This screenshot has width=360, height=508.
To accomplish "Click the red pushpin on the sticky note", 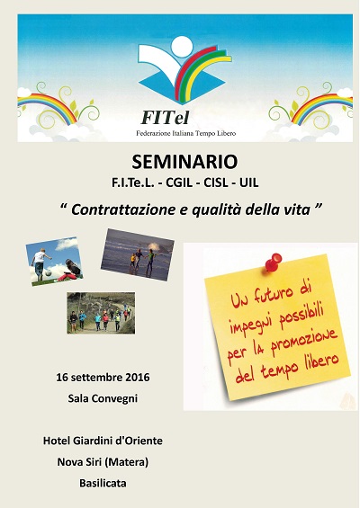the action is (x=273, y=262).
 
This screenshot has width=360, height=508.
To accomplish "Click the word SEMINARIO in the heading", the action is (x=184, y=162).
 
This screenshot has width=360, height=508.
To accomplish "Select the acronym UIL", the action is (x=248, y=183).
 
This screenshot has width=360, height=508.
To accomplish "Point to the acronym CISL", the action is (x=216, y=183).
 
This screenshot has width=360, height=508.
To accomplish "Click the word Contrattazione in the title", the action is (x=123, y=209).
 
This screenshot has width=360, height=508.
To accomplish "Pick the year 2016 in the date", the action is (x=138, y=378).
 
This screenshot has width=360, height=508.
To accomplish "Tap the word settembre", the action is (x=96, y=378).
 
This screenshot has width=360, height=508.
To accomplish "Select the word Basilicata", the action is (x=103, y=484).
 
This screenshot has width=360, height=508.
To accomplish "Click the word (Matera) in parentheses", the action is (x=126, y=462).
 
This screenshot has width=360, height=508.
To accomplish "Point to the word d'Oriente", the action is (x=139, y=441).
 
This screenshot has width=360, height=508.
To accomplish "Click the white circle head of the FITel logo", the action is (x=182, y=46).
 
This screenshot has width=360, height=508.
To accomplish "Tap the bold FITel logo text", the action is (x=165, y=118).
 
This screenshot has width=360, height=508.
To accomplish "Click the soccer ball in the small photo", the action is (x=49, y=273).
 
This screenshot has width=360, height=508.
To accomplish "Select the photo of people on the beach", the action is (x=138, y=254).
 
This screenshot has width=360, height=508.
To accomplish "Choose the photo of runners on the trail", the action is (x=101, y=313).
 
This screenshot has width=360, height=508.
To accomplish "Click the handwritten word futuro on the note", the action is (x=269, y=295).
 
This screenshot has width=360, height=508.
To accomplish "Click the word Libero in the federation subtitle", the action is (x=228, y=133).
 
